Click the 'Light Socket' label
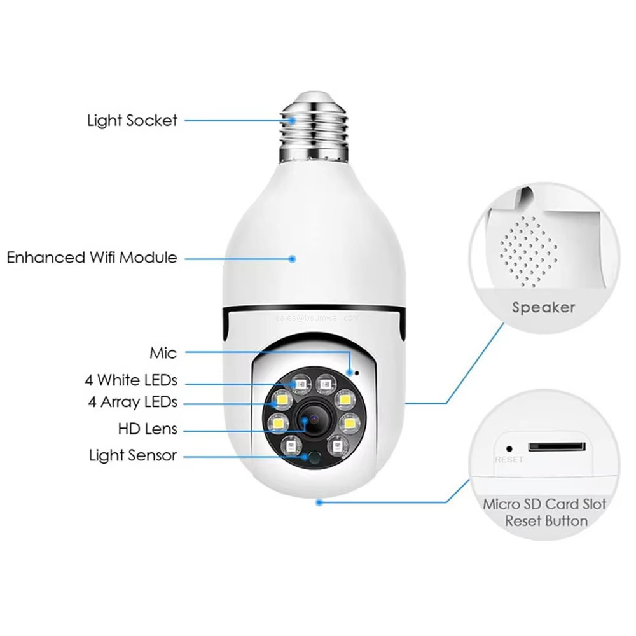coord(132,120)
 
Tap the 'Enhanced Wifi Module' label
coord(92,258)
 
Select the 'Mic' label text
coord(163,352)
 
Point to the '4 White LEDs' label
coord(131,381)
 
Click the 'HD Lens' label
coord(148,429)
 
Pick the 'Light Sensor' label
coord(132,455)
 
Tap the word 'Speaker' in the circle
coord(543,308)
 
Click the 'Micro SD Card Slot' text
coord(544,504)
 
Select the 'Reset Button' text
coord(546,521)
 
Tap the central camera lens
coord(312,420)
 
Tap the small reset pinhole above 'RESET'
coord(509,446)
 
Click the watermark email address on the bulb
coord(318,317)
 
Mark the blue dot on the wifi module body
coord(293,259)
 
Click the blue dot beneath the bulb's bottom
coord(319,502)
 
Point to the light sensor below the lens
coord(311,456)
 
